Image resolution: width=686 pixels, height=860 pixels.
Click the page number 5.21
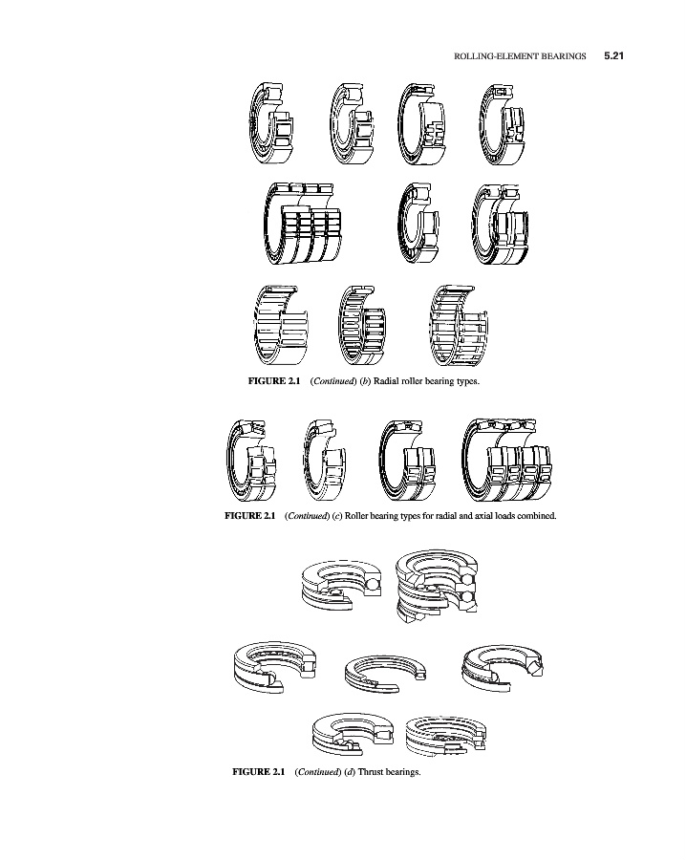click(x=613, y=56)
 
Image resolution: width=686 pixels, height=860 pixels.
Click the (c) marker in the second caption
click(x=336, y=516)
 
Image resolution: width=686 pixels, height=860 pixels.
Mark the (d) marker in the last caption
click(x=350, y=772)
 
